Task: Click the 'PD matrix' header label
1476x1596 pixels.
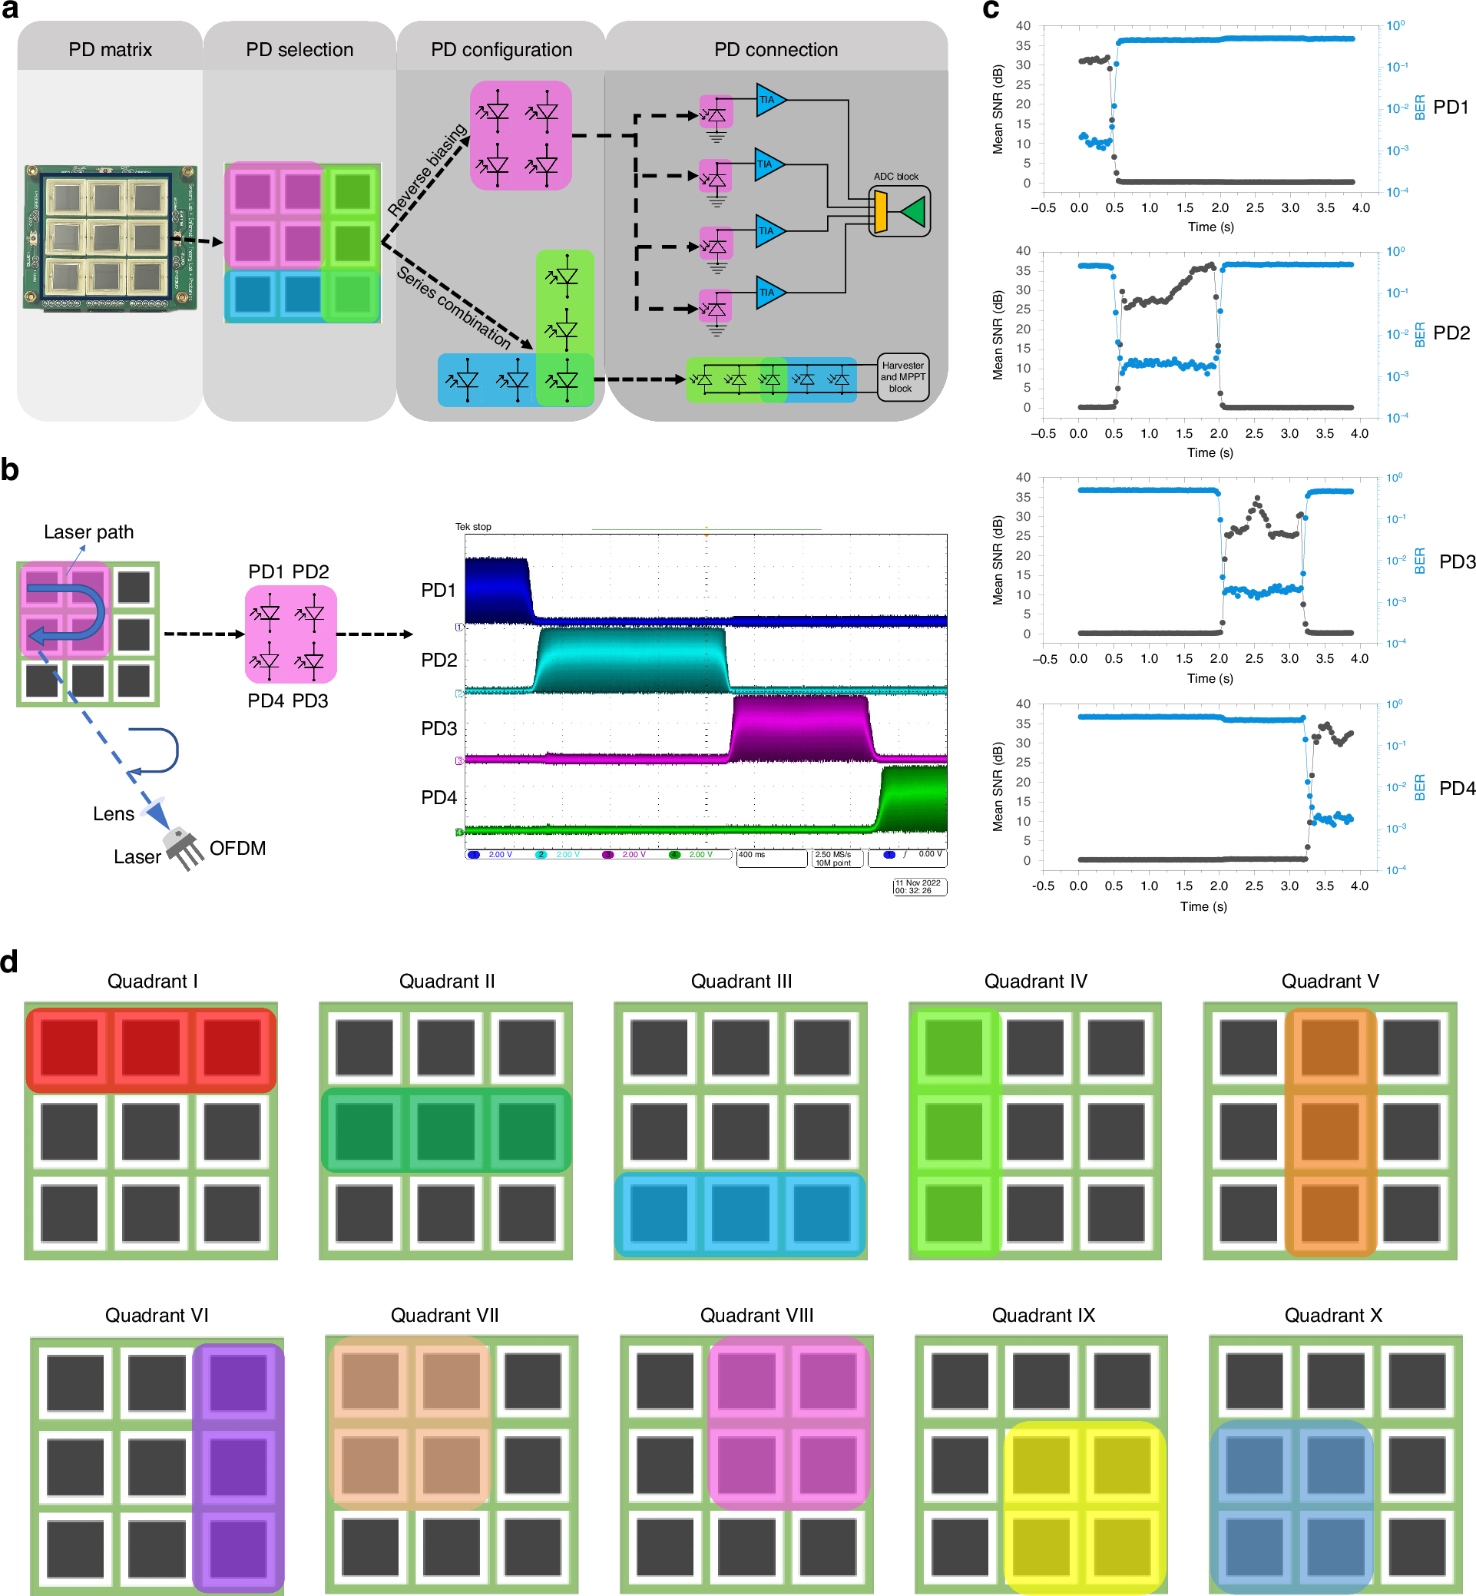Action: pyautogui.click(x=111, y=49)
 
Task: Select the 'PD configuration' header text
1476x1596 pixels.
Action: pyautogui.click(x=501, y=49)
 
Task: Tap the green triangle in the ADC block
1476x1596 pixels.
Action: pyautogui.click(x=913, y=212)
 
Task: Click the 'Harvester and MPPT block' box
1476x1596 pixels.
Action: pyautogui.click(x=902, y=377)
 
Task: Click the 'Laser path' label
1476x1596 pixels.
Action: pyautogui.click(x=88, y=532)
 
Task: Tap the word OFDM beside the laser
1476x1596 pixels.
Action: pyautogui.click(x=237, y=849)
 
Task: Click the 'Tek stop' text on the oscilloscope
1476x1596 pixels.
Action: pyautogui.click(x=473, y=527)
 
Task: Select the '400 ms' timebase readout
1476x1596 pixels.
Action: pyautogui.click(x=752, y=855)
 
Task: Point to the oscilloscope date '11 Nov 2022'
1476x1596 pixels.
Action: pyautogui.click(x=918, y=882)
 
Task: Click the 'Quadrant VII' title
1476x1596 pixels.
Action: pyautogui.click(x=444, y=1316)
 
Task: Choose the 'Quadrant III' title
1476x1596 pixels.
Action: pyautogui.click(x=741, y=981)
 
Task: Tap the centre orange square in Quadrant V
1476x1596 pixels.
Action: pyautogui.click(x=1330, y=1131)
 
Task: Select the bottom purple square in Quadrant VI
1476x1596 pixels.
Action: pyautogui.click(x=238, y=1549)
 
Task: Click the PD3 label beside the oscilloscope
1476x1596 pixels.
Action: pyautogui.click(x=438, y=729)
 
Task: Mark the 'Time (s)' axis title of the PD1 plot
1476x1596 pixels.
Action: pyautogui.click(x=1211, y=227)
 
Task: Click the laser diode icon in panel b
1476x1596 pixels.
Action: pyautogui.click(x=182, y=846)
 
